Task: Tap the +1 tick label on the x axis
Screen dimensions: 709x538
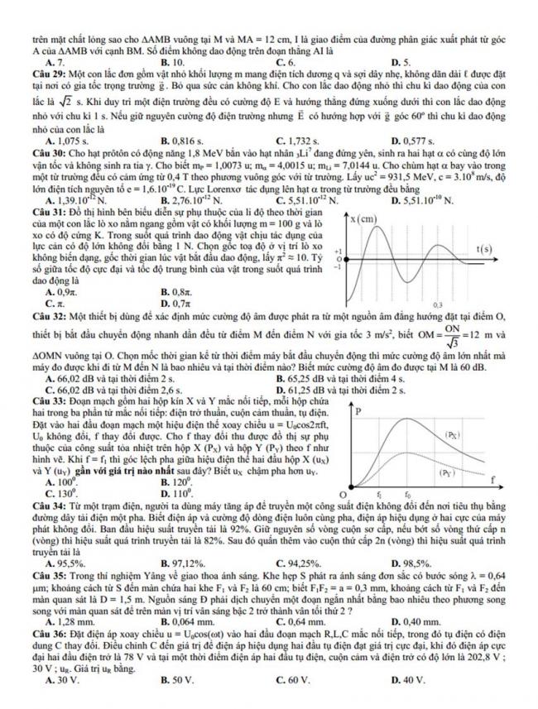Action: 338,250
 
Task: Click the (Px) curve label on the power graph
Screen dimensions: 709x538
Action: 453,434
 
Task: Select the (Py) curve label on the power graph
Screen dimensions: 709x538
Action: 445,473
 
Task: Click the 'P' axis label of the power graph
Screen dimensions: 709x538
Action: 357,411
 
